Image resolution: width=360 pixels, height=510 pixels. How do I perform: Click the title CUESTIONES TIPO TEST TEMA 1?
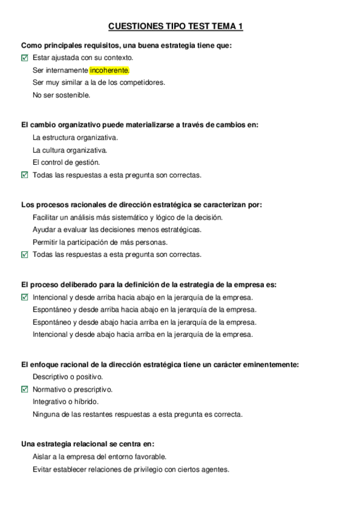tap(175, 26)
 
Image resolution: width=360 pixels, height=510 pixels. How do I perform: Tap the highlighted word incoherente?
tap(109, 70)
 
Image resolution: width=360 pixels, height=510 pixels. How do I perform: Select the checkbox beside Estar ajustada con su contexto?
tap(25, 58)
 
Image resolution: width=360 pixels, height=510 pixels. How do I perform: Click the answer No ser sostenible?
tap(61, 94)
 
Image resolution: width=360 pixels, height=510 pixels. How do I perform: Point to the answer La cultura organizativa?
tap(70, 150)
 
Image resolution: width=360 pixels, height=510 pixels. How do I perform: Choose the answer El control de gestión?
tap(66, 162)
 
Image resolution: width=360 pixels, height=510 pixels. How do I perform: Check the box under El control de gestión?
tap(25, 175)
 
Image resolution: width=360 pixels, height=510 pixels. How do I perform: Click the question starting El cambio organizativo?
tap(139, 124)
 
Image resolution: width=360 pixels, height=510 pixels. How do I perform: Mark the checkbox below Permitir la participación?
tap(25, 254)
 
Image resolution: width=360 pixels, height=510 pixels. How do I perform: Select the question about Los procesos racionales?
tap(141, 204)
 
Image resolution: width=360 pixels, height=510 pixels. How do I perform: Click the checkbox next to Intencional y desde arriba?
tap(25, 297)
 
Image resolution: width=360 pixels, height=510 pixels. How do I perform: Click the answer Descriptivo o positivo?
tap(68, 377)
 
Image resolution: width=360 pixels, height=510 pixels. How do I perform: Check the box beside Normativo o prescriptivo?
tap(25, 389)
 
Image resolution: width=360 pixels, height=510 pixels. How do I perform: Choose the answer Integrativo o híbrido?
tap(66, 402)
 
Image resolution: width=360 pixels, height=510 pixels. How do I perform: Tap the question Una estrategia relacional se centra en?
tap(88, 444)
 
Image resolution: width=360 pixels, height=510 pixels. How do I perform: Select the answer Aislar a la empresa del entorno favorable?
tap(99, 457)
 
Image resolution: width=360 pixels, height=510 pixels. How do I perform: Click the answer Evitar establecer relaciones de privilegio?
tap(130, 470)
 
